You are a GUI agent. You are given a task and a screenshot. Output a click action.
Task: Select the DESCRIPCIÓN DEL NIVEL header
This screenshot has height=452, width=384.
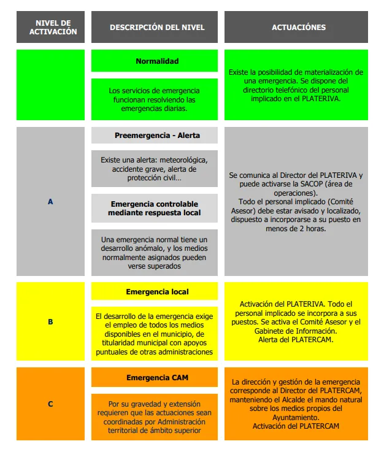pos(157,28)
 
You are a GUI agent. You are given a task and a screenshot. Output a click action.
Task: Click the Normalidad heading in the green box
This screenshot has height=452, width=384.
pos(157,61)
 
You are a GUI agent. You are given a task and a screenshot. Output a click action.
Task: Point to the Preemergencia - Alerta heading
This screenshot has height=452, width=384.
pos(157,136)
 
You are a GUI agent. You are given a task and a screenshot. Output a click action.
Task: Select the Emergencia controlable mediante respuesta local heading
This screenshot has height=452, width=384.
pos(154,209)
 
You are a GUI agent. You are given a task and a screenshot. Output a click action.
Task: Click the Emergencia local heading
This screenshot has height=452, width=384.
pos(157,291)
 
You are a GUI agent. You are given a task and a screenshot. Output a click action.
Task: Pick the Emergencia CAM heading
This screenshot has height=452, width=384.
pos(157,377)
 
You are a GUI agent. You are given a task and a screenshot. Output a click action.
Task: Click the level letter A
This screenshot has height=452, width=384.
pos(50,201)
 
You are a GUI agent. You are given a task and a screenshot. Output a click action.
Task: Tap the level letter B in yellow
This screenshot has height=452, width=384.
pos(50,321)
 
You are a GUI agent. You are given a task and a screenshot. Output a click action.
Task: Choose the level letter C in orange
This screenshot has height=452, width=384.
pos(50,404)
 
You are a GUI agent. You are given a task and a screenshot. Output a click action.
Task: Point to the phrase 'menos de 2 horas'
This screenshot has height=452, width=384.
pos(296,228)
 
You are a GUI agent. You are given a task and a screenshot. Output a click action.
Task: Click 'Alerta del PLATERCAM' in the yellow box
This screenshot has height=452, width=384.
pos(296,339)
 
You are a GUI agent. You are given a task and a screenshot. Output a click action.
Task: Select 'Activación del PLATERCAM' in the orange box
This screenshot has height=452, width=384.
pos(296,426)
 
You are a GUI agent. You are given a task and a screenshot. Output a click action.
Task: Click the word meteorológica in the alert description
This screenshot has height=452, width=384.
pos(183,160)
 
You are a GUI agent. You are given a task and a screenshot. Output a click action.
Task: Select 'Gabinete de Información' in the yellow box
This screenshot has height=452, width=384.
pos(296,331)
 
